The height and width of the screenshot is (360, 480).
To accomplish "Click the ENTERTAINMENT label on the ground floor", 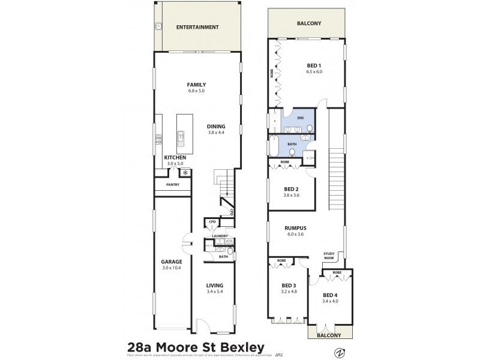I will point(197,28).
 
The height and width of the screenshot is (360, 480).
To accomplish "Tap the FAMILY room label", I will point(196,85).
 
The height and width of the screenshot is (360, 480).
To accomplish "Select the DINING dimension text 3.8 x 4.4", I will point(216,132).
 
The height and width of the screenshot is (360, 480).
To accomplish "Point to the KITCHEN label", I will point(176,157).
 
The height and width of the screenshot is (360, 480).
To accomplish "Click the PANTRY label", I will point(174,185).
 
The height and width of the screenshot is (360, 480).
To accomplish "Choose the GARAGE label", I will point(171,262).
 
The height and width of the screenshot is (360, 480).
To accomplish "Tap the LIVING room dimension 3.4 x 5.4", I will point(215,292).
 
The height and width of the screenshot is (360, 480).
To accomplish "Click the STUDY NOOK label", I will point(329,256).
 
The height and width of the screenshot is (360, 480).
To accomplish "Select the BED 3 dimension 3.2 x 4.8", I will point(289,292).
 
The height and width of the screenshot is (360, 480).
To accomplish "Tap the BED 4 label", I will point(330,295).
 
